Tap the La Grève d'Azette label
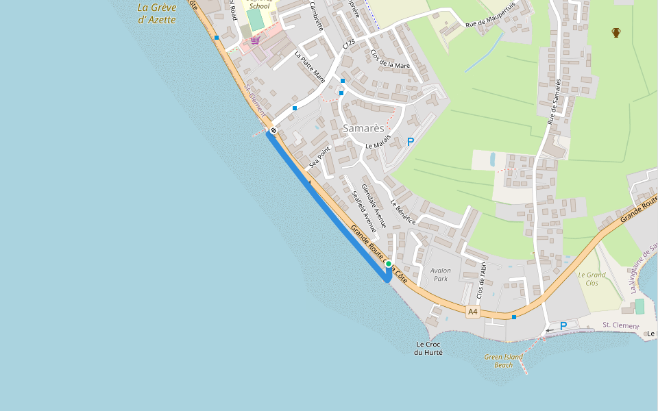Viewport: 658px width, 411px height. click(157, 14)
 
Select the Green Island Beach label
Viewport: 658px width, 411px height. click(503, 361)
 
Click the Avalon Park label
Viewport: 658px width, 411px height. click(440, 274)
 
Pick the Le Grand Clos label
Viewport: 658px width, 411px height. click(592, 279)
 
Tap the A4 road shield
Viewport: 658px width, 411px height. click(472, 312)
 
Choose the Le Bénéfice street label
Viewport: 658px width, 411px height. click(404, 212)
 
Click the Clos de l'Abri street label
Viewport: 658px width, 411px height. click(481, 280)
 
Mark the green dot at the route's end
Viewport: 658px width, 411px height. click(389, 264)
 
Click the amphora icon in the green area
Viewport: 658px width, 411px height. click(616, 32)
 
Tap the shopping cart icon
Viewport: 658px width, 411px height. click(255, 40)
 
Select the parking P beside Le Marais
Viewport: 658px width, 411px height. click(411, 142)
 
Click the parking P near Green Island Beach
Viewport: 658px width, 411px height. click(563, 326)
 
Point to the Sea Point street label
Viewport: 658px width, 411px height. click(319, 157)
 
